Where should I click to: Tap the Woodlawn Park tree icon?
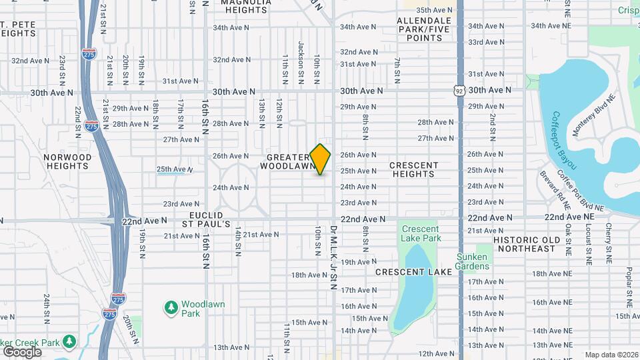[171, 307]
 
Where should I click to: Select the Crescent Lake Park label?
[421, 233]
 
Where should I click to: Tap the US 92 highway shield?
[459, 89]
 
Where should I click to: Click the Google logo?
[21, 352]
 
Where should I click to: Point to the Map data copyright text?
[611, 355]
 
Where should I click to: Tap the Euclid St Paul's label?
[209, 219]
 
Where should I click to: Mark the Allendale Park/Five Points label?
[424, 29]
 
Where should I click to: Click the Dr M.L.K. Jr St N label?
[333, 257]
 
